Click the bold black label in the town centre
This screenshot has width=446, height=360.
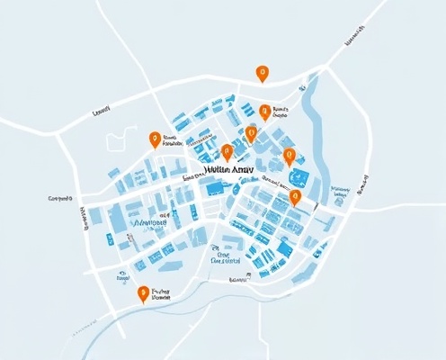tap(229, 168)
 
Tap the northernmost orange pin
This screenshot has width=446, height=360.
tap(262, 73)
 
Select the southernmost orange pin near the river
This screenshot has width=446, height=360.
tap(142, 293)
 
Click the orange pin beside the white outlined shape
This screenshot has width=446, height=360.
tap(155, 139)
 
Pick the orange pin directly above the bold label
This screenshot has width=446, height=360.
tap(227, 152)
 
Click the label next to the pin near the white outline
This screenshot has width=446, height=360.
tap(173, 139)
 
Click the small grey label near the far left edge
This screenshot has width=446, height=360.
tap(59, 197)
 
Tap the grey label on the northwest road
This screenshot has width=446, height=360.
tap(101, 112)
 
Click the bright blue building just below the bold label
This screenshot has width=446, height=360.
tap(215, 187)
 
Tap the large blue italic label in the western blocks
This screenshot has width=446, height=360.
tap(148, 220)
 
